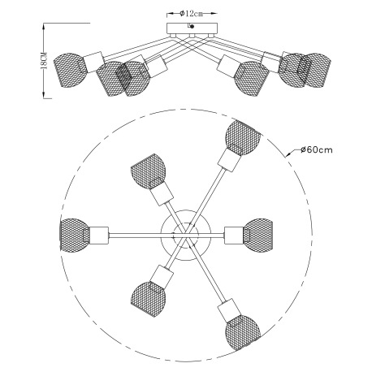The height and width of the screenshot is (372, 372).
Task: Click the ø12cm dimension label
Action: (x=191, y=13)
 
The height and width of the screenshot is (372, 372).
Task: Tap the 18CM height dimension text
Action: (x=44, y=61)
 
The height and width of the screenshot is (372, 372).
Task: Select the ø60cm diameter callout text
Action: (x=317, y=149)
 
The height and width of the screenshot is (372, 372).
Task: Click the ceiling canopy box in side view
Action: (x=192, y=28)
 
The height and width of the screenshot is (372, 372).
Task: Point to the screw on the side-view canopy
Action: (x=192, y=26)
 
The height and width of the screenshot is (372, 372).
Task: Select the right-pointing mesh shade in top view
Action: (x=257, y=235)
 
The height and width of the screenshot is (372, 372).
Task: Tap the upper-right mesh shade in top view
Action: (x=242, y=137)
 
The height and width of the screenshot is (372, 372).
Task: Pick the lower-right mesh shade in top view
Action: (x=243, y=332)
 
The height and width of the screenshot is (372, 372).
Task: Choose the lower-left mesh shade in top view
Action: (x=149, y=299)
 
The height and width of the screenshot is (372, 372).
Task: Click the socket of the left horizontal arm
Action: (x=99, y=236)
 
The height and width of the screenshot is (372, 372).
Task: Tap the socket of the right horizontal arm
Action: (x=234, y=236)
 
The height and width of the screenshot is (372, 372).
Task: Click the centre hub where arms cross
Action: (x=186, y=235)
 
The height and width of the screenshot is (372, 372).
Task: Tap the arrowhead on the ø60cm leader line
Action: (x=288, y=155)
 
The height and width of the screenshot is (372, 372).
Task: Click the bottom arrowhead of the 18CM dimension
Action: (x=44, y=94)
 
